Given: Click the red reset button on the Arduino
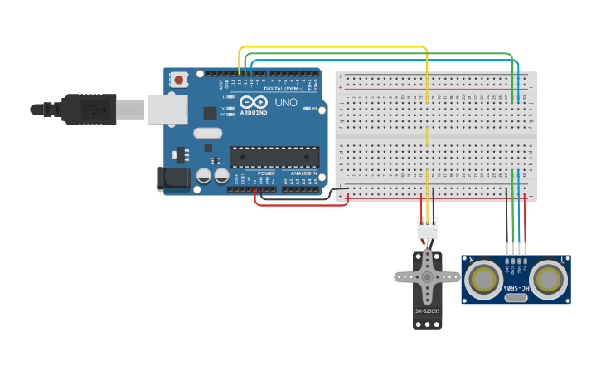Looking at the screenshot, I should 177,80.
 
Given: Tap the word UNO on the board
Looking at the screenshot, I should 285,102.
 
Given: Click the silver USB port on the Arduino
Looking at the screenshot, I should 167,109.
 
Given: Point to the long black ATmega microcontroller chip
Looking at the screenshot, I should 274,157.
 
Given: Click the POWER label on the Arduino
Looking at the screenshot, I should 266,173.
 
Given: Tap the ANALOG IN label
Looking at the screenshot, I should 303,173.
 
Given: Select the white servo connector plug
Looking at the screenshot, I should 427,227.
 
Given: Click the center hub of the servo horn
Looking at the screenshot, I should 427,277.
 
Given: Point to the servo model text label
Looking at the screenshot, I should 427,311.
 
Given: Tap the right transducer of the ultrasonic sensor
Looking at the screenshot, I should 548,281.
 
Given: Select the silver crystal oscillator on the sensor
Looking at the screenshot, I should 516,297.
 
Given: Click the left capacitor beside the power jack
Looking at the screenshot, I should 203,176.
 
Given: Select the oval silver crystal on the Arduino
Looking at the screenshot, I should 208,133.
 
